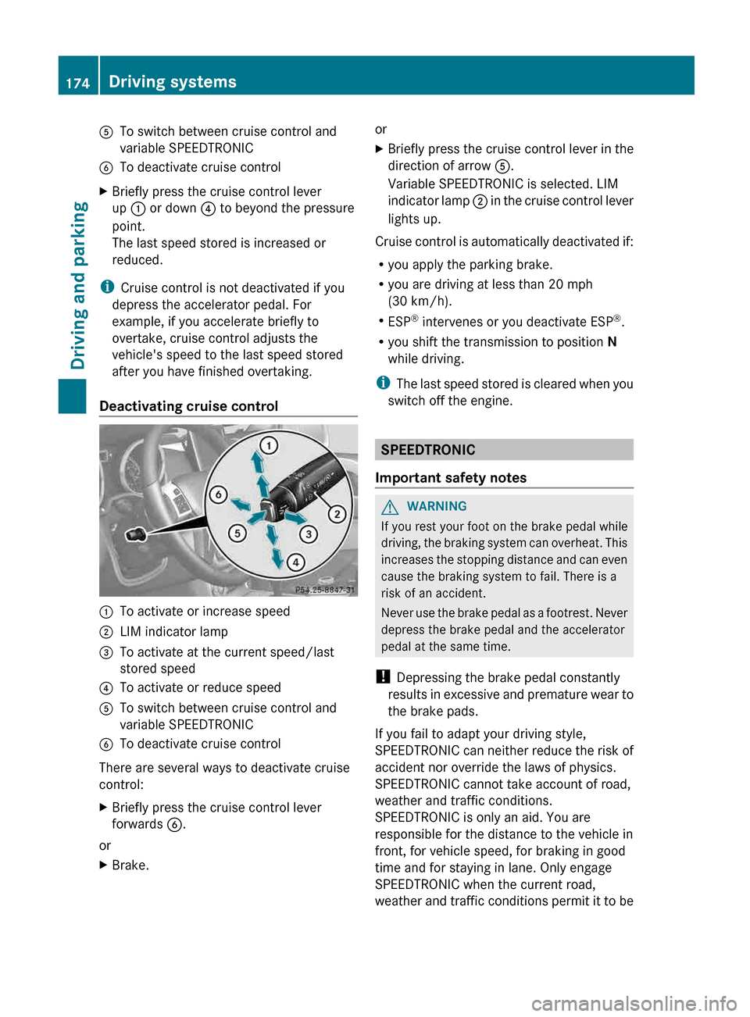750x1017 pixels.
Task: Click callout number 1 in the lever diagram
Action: (269, 445)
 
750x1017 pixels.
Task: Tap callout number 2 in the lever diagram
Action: (337, 513)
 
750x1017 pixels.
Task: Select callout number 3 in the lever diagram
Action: (309, 534)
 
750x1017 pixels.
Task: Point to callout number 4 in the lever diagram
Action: (295, 562)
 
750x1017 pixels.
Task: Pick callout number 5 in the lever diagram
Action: (237, 533)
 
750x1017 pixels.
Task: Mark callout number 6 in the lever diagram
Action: (219, 494)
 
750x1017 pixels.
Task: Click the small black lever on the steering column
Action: (137, 534)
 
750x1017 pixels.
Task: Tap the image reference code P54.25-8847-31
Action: (324, 590)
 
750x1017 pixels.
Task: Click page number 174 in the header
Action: (77, 83)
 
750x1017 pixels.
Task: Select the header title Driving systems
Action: (173, 82)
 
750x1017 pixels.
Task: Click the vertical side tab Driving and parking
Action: (78, 285)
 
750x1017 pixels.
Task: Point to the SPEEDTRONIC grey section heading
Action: (428, 450)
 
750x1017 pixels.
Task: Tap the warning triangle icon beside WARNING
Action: (390, 507)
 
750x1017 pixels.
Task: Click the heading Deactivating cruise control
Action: (188, 406)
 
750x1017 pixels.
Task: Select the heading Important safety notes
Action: (451, 478)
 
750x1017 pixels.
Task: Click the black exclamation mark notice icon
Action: (382, 677)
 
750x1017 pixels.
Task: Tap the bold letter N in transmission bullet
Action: (612, 342)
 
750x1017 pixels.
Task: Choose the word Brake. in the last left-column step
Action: (130, 865)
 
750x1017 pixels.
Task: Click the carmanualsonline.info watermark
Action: (634, 1003)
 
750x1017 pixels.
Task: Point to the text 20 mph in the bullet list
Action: (570, 284)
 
